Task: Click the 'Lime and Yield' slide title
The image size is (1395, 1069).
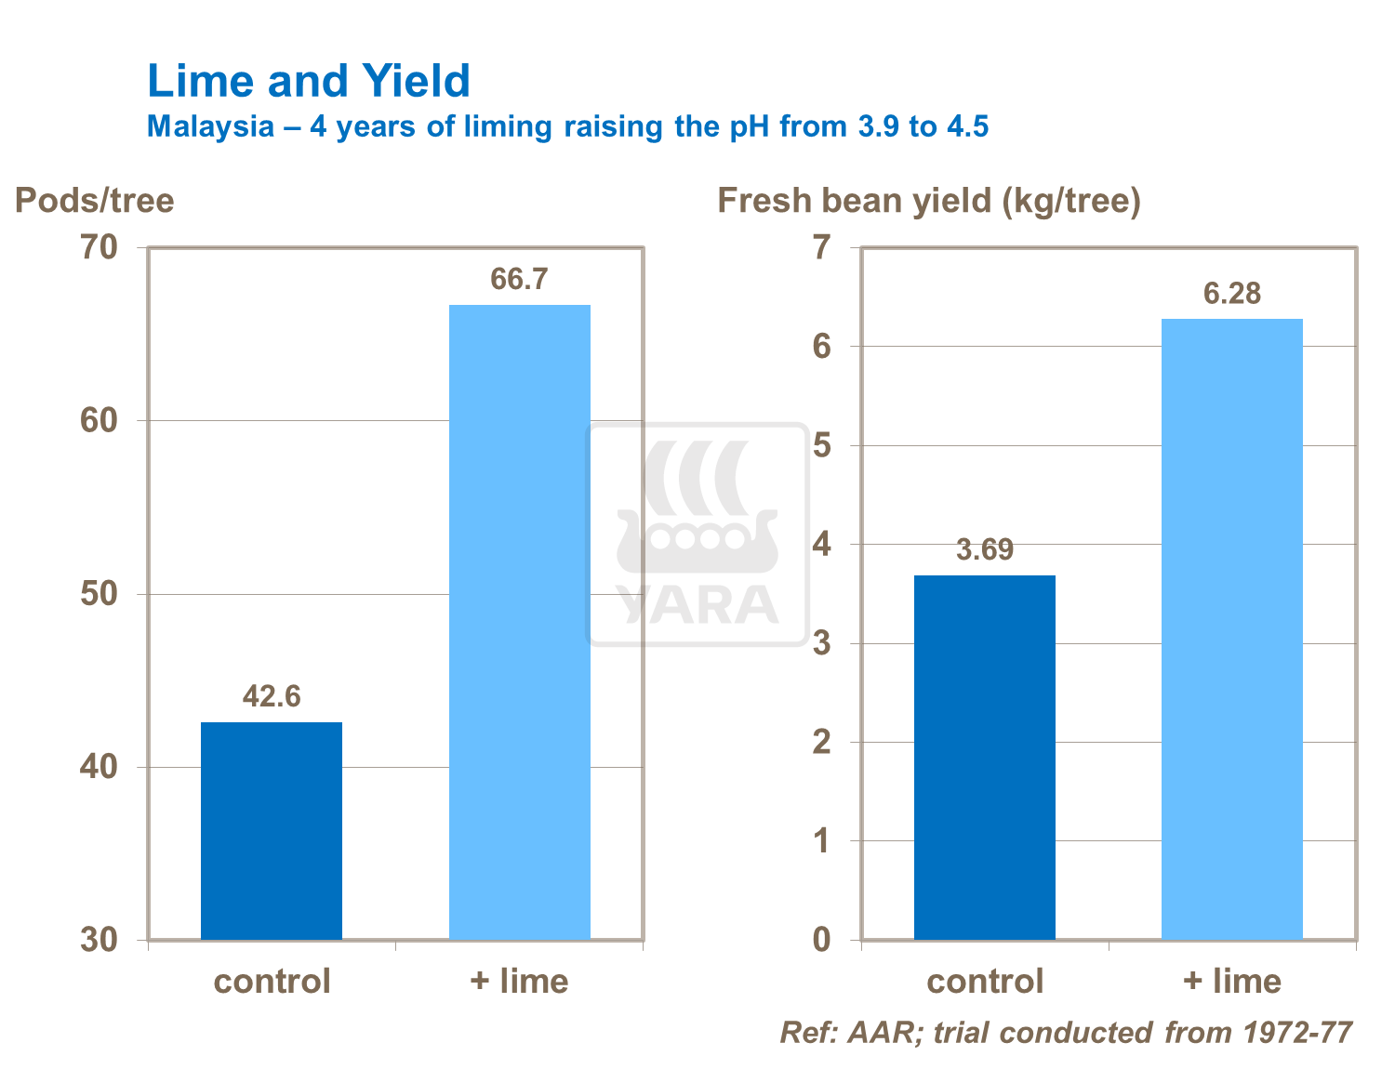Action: point(309,82)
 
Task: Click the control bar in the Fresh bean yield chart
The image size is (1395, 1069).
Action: point(984,757)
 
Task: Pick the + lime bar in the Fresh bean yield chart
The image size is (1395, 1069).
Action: point(1231,628)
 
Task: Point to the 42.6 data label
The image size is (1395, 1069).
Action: point(272,696)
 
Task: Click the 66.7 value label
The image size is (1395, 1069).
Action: point(519,279)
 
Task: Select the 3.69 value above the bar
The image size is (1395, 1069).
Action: point(984,550)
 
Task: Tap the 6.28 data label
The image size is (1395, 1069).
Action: point(1231,294)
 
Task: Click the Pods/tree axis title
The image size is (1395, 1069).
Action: point(95,201)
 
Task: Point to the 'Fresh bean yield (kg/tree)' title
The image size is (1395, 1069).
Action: point(928,201)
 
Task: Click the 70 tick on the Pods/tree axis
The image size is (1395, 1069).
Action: point(100,248)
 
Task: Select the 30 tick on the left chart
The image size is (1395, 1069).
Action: point(100,940)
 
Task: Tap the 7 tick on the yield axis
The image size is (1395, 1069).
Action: point(821,248)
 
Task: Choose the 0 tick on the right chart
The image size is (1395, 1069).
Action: point(821,940)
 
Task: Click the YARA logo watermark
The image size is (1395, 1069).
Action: point(697,534)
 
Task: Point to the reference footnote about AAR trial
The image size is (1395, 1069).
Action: point(1065,1033)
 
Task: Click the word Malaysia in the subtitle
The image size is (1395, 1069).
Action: point(210,126)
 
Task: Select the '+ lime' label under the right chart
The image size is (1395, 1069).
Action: point(1231,982)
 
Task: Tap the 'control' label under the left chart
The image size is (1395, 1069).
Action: point(272,982)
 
